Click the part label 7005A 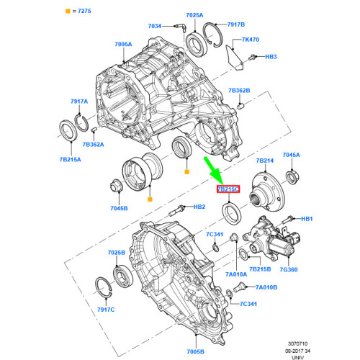point(124,44)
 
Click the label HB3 point(271,56)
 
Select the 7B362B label point(238,91)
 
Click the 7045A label point(291,154)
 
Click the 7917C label point(106,310)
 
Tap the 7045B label point(120,209)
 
